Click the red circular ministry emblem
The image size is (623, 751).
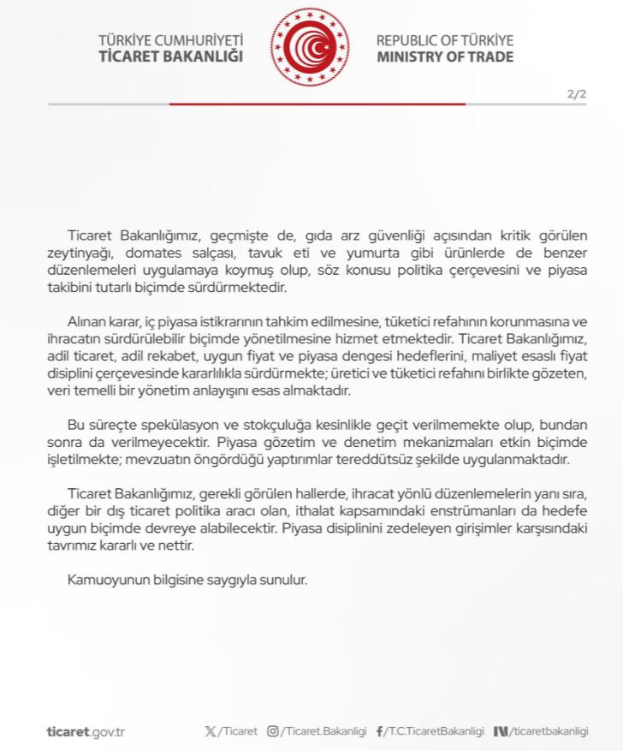(310, 48)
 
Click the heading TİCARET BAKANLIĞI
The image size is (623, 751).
(171, 57)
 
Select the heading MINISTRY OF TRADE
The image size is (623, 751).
(445, 57)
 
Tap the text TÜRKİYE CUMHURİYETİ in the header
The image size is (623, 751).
(171, 40)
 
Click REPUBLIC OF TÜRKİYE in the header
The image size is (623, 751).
(445, 40)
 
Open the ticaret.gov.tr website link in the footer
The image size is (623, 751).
(86, 731)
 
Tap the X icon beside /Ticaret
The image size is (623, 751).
(211, 731)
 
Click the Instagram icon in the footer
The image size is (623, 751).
(273, 731)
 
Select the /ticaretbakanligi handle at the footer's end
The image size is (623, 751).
(549, 731)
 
